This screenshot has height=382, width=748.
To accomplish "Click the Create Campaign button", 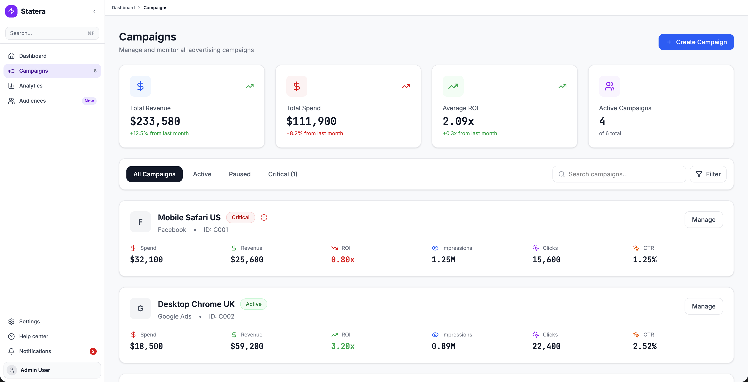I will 696,42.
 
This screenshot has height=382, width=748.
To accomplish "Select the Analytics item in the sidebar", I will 31,86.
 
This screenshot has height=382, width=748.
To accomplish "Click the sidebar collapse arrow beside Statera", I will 95,11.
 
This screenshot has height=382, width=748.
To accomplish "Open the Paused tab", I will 239,174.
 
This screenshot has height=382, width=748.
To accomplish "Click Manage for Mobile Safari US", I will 703,220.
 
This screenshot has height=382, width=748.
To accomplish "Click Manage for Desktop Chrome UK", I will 703,306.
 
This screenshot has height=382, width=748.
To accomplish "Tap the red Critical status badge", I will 240,217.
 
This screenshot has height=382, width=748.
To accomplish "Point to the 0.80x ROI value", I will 343,259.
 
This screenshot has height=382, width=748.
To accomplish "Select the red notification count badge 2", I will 93,351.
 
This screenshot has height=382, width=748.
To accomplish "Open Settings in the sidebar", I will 29,321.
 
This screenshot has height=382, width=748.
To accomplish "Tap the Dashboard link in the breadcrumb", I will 123,8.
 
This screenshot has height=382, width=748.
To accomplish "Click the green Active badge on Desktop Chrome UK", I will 253,304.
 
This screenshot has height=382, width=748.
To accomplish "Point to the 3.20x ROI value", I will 343,346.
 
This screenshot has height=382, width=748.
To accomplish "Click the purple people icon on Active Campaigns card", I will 609,86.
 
